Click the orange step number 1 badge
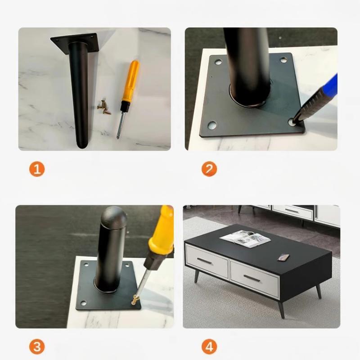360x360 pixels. (x=37, y=169)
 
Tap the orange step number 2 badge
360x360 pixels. (x=209, y=169)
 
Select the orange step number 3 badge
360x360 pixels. (x=37, y=347)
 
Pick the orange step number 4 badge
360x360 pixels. (x=209, y=347)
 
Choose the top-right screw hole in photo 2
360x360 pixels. (x=283, y=59)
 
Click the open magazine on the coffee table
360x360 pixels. (x=245, y=238)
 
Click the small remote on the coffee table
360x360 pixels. (x=283, y=257)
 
